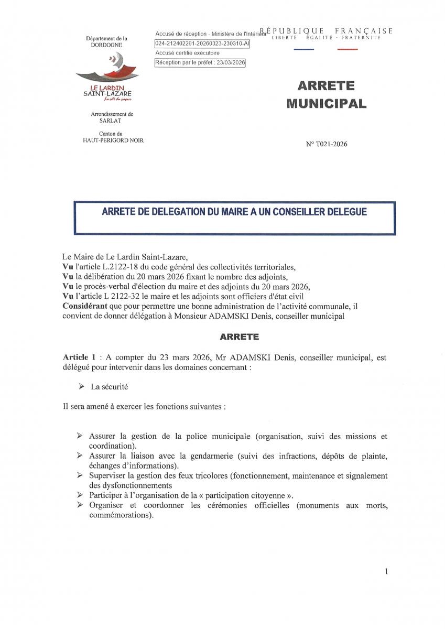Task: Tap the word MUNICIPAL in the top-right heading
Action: pos(326,103)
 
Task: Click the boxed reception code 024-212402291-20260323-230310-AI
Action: pos(202,44)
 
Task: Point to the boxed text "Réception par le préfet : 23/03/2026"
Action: pos(200,63)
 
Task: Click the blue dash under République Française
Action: pos(304,49)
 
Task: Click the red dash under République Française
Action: pos(348,49)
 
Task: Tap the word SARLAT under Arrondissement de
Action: pos(109,121)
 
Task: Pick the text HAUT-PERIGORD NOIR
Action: pos(109,140)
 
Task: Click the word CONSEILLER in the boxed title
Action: pos(277,212)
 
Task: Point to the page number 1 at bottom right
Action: pos(386,572)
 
